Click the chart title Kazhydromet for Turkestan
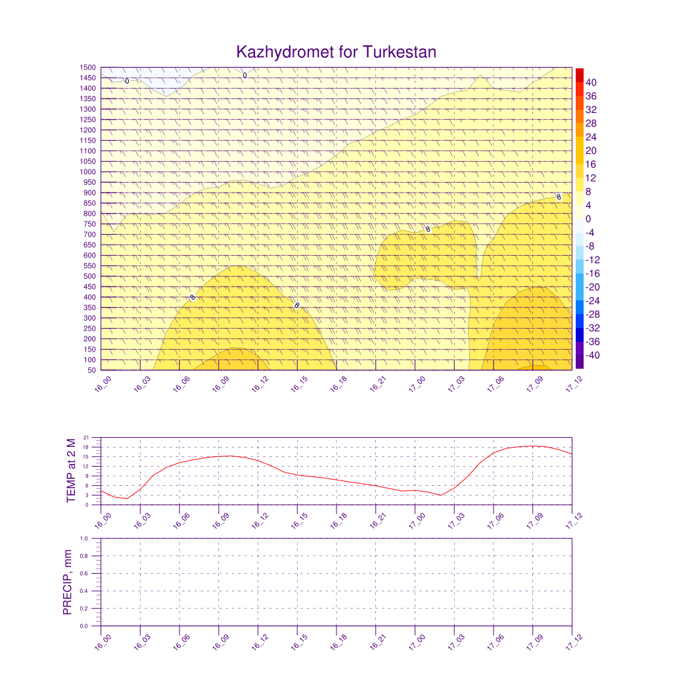pyautogui.click(x=336, y=52)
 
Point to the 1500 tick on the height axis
pyautogui.click(x=88, y=68)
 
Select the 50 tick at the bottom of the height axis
pyautogui.click(x=91, y=370)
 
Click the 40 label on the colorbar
pyautogui.click(x=591, y=82)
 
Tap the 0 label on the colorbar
pyautogui.click(x=588, y=219)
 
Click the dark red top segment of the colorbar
pyautogui.click(x=579, y=74)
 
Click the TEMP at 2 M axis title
pyautogui.click(x=71, y=471)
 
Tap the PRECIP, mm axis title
pyautogui.click(x=67, y=582)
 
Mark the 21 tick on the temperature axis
pyautogui.click(x=87, y=438)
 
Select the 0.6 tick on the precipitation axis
pyautogui.click(x=85, y=574)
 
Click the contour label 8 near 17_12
pyautogui.click(x=559, y=197)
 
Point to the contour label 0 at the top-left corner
pyautogui.click(x=127, y=81)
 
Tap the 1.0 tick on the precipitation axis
pyautogui.click(x=85, y=538)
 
